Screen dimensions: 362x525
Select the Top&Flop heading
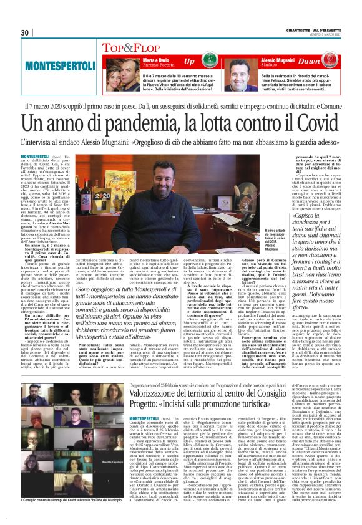[x=127, y=47]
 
